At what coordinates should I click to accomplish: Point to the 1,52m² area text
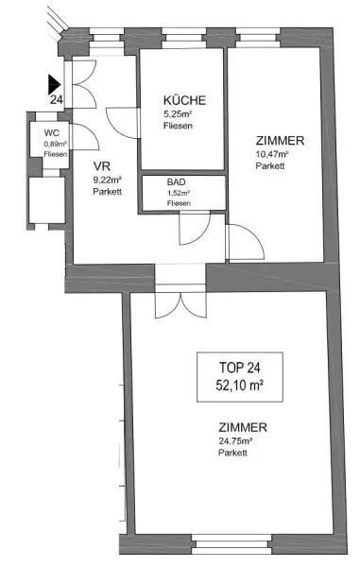[x=178, y=194]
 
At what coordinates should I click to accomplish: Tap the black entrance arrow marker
[x=55, y=83]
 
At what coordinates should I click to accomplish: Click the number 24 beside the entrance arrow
[x=56, y=98]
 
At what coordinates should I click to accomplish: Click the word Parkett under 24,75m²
[x=231, y=453]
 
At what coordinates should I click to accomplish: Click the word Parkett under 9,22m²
[x=107, y=191]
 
